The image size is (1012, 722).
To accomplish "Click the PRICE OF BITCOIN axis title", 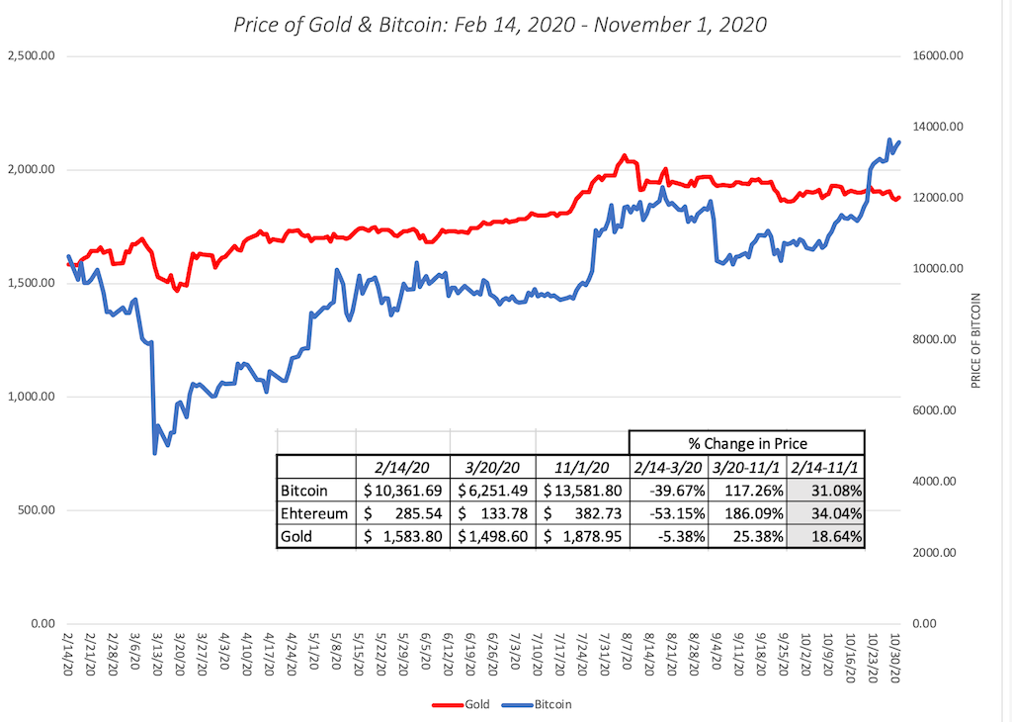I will coord(976,339).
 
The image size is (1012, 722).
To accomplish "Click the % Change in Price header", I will coord(746,443).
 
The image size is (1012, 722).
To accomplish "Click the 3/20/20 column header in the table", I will coord(491,467).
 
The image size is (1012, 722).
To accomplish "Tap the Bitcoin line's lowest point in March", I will coord(154,453).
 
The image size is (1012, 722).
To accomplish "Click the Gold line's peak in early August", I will coord(624,155).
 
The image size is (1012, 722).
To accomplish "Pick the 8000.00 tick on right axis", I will coord(937,339).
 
